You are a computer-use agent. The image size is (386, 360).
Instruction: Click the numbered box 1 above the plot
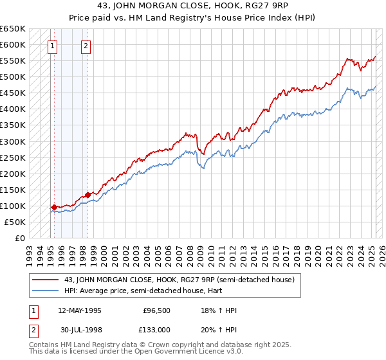(51, 46)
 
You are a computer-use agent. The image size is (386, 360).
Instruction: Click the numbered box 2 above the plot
(86, 46)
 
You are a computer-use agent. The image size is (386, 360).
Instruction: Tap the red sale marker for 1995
(54, 207)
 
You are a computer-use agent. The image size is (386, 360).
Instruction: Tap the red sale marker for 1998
(87, 195)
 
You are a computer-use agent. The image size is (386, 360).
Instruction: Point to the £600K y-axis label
(12, 44)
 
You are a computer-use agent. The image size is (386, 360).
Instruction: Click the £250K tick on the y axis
(12, 157)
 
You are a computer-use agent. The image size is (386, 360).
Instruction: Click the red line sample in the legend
(46, 280)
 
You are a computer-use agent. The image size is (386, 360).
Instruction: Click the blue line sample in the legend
(46, 291)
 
